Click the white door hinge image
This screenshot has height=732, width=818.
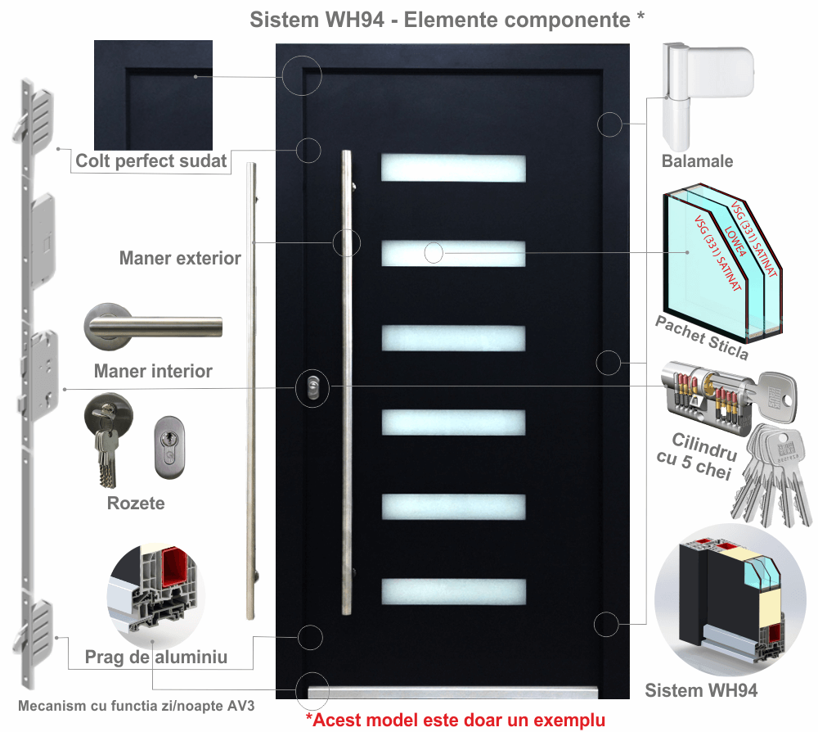tap(706, 94)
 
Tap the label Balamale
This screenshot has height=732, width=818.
tap(697, 161)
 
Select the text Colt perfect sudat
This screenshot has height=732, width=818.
tap(151, 160)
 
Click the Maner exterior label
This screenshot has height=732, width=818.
tap(180, 259)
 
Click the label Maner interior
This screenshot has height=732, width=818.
tap(153, 371)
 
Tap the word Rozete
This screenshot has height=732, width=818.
tap(136, 503)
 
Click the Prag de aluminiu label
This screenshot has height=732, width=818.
tap(156, 657)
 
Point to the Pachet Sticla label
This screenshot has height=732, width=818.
tap(702, 337)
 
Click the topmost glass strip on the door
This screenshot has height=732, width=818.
tap(453, 168)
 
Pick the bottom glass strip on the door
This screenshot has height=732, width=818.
tap(453, 592)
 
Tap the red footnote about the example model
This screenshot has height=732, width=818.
tap(456, 721)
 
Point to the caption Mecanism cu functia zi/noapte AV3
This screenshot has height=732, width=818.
tap(137, 706)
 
